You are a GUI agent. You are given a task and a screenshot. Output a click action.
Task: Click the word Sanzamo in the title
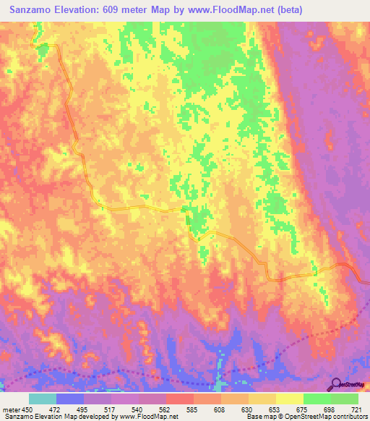(35, 10)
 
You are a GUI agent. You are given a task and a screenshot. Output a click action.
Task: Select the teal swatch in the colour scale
(43, 399)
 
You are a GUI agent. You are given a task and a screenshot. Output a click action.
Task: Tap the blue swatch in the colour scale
(70, 399)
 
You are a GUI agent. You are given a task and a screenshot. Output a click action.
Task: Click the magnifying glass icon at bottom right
(335, 383)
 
